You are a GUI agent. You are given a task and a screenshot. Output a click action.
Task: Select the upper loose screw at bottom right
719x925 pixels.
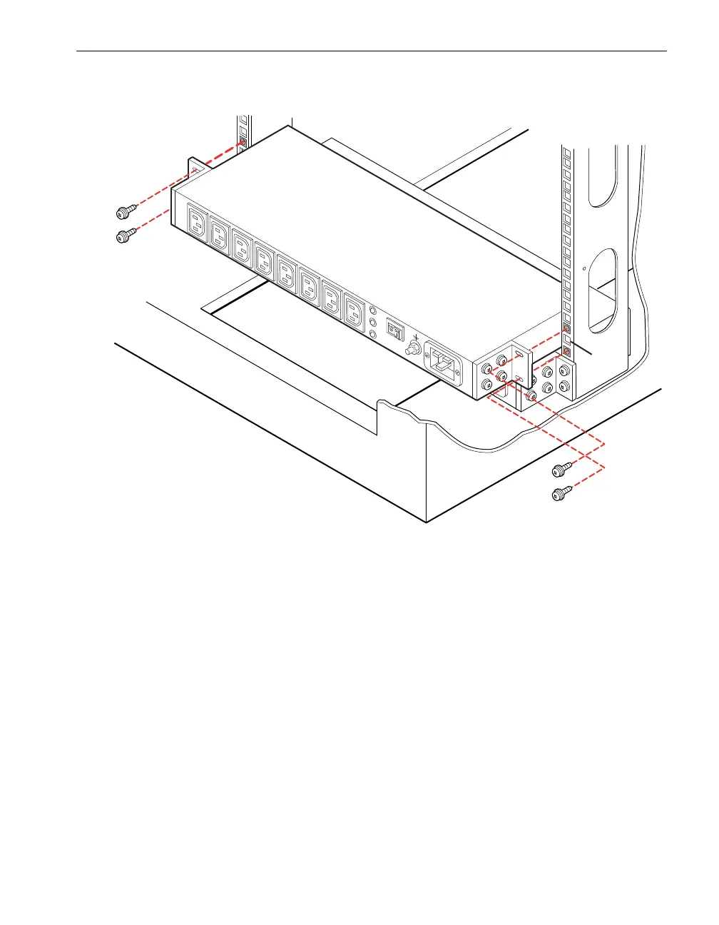(x=561, y=470)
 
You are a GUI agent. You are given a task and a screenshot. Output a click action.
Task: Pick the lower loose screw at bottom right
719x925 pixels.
(x=561, y=492)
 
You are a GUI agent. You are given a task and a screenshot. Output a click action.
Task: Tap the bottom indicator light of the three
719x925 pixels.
(x=374, y=334)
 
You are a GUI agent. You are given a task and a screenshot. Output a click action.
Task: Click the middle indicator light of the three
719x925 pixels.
(x=374, y=322)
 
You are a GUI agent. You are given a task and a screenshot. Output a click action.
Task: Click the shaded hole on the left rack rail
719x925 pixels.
(x=243, y=142)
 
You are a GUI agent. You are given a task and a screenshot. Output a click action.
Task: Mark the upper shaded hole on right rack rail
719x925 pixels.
(x=566, y=329)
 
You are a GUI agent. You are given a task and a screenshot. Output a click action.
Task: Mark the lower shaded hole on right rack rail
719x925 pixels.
(x=566, y=352)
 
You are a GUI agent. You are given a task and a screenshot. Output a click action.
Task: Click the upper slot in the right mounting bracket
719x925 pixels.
(x=520, y=355)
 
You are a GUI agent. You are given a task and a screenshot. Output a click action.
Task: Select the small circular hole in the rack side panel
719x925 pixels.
(x=585, y=269)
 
